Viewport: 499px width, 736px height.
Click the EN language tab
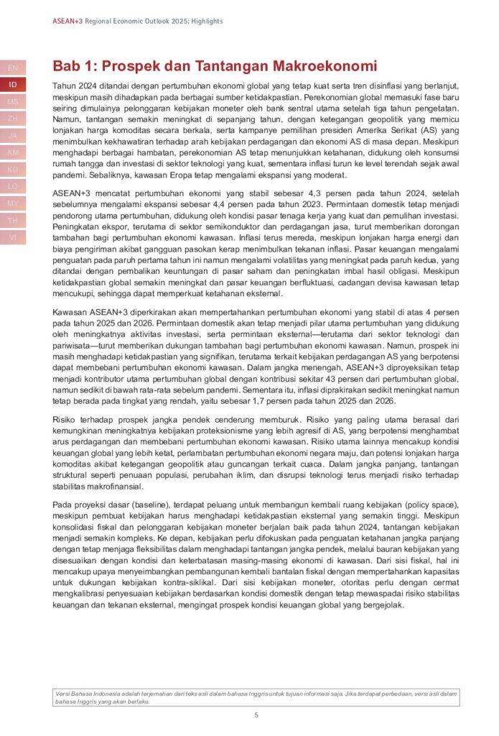[13, 68]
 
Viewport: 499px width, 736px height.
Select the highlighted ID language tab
[13, 84]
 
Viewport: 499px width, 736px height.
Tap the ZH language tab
[13, 118]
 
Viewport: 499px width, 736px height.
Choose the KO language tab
[13, 169]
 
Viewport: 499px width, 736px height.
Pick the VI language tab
[13, 237]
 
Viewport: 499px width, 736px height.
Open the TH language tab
[13, 220]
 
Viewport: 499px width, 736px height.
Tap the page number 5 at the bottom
[256, 715]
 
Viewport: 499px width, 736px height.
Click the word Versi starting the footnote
[63, 693]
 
